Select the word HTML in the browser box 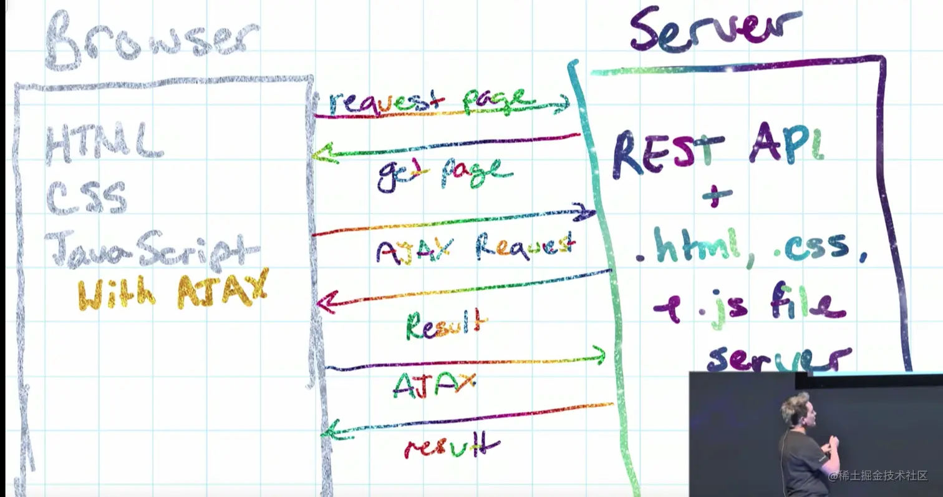pyautogui.click(x=104, y=142)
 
